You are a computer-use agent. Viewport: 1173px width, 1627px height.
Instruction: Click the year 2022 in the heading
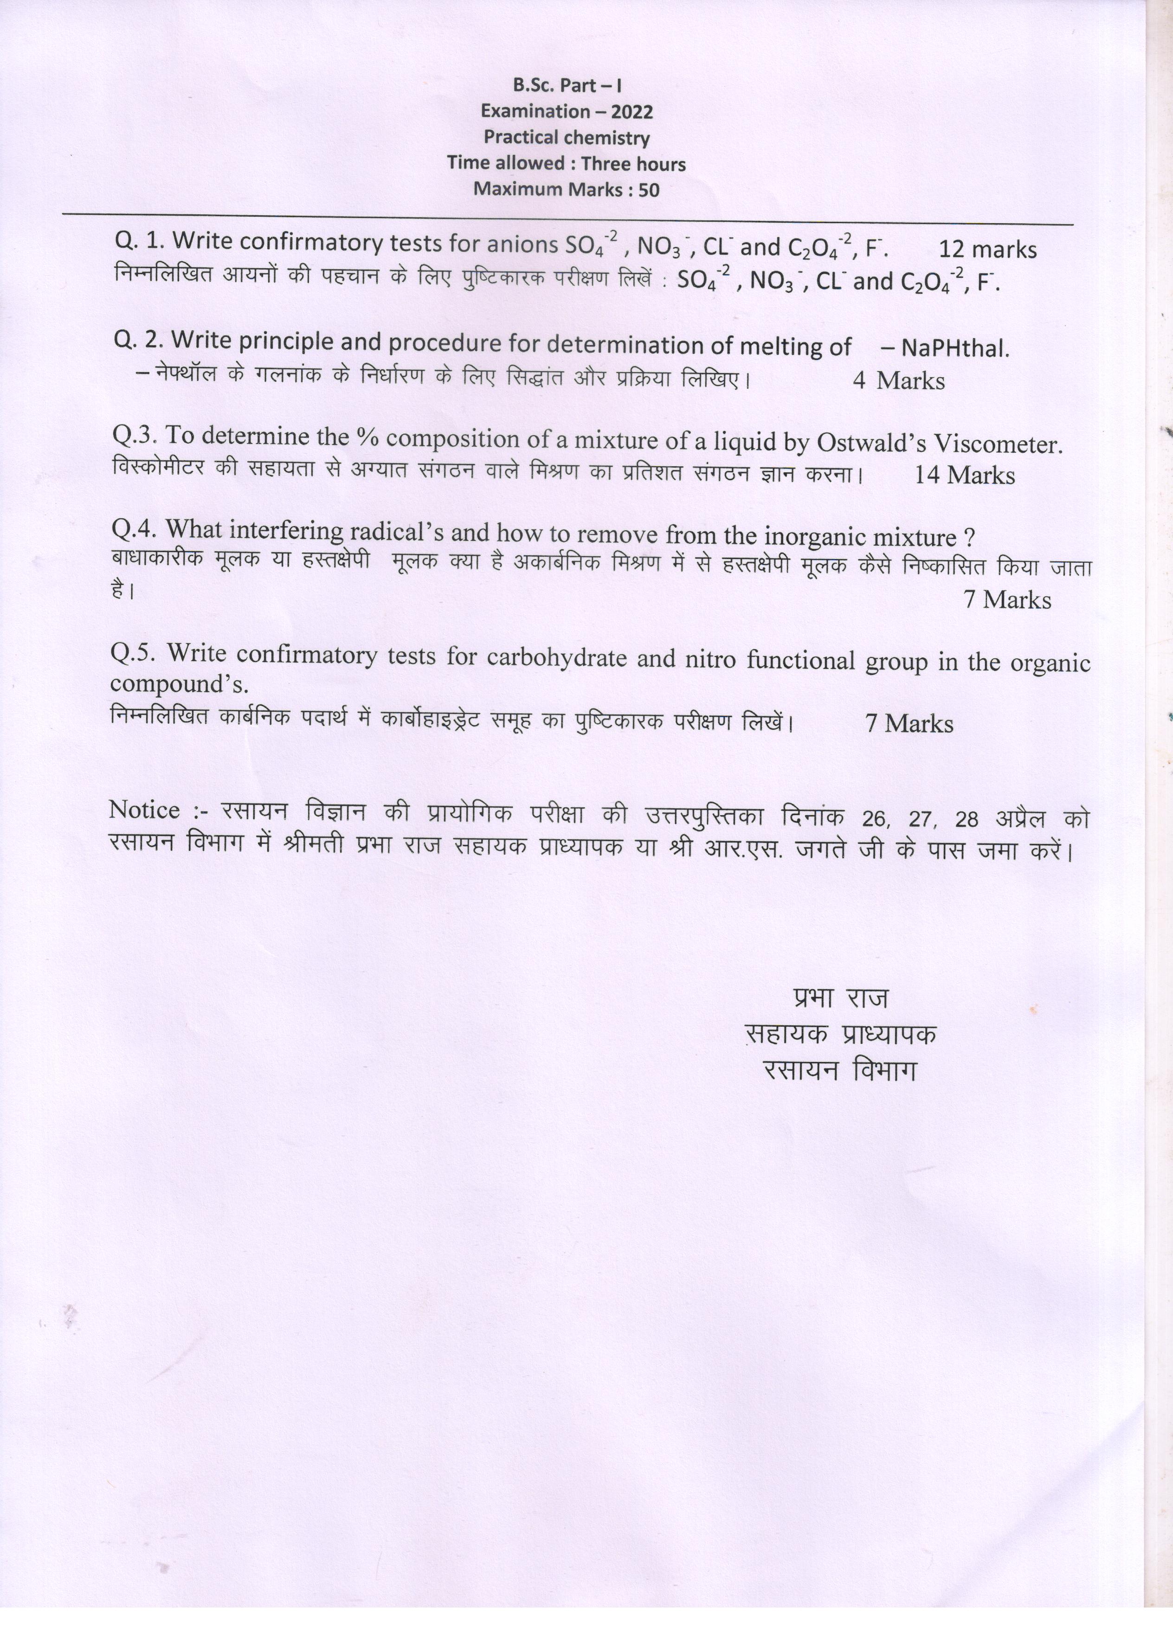(632, 112)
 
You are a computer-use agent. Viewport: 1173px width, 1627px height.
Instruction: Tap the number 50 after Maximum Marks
(647, 190)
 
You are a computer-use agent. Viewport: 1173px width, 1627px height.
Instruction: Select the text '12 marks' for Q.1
(987, 249)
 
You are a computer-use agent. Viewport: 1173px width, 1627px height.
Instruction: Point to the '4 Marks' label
(898, 380)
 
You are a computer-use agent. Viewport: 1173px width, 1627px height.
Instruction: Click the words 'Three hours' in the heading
(633, 164)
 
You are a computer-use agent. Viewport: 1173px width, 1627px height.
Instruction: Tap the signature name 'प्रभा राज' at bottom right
(841, 998)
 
